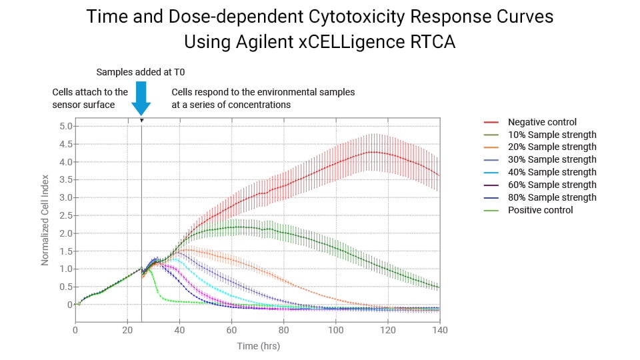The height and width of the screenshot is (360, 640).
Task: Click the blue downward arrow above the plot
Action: (x=141, y=98)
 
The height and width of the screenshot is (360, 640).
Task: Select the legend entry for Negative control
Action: (x=542, y=122)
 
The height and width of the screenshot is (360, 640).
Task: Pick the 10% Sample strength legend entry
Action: (x=552, y=135)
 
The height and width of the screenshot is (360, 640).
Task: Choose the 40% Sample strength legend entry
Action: (x=552, y=172)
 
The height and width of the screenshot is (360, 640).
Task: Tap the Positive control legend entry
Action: (x=540, y=210)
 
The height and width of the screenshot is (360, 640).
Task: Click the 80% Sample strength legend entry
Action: (x=552, y=197)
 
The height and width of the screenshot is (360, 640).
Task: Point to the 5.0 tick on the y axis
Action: (x=63, y=126)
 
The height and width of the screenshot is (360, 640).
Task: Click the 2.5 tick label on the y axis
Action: (x=63, y=215)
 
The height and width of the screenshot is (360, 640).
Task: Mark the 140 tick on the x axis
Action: (x=439, y=330)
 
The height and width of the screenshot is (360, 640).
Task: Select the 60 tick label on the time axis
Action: (x=231, y=330)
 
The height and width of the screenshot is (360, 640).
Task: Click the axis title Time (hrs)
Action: (x=259, y=346)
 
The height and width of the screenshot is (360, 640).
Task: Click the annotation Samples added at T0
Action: (x=140, y=71)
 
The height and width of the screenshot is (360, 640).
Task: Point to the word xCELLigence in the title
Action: (x=329, y=41)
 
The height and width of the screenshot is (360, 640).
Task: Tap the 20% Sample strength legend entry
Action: (x=552, y=147)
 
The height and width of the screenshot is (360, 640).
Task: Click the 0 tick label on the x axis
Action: (x=75, y=330)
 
